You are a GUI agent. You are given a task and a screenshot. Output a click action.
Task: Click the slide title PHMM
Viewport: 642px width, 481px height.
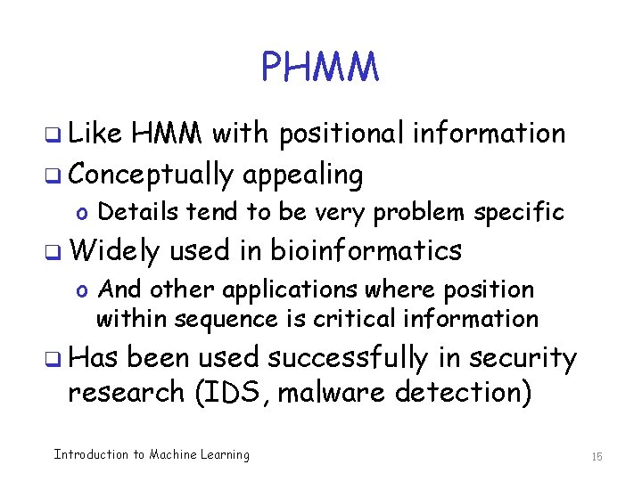(320, 67)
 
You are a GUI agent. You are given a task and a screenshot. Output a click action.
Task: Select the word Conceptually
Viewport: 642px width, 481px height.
(151, 175)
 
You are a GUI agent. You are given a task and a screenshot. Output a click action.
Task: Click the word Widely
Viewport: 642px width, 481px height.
(113, 251)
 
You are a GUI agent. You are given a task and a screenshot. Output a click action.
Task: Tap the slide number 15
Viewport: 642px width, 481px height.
(597, 456)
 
